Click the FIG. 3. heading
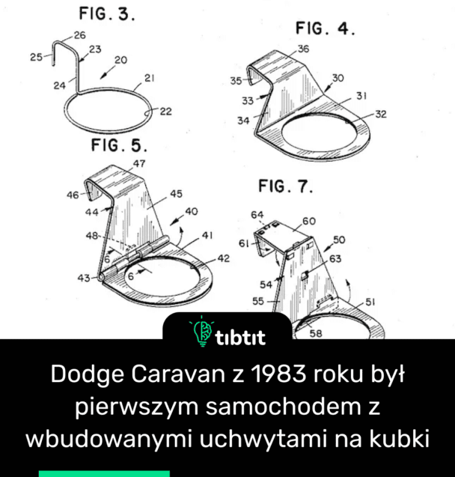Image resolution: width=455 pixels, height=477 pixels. tap(107, 15)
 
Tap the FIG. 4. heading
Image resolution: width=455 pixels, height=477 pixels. tap(326, 29)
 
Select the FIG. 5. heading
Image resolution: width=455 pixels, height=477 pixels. tap(119, 145)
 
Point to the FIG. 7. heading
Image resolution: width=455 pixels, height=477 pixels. tap(285, 186)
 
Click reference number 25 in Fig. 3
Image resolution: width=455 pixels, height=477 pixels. tap(36, 56)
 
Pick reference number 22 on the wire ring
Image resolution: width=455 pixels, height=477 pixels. tap(165, 112)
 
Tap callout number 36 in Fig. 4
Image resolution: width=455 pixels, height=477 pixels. tap(303, 49)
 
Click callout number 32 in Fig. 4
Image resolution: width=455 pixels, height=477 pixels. tap(381, 114)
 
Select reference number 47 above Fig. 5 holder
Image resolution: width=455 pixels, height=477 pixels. tap(140, 162)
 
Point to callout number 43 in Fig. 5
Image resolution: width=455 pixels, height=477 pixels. tap(83, 278)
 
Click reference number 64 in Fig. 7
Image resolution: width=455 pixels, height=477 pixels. tap(257, 216)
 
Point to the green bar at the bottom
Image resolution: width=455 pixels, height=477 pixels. tap(104, 473)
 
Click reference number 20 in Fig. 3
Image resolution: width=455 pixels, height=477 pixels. tap(120, 59)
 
